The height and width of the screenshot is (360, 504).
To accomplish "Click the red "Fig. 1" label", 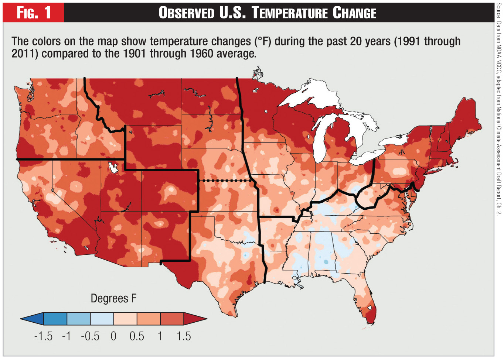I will tap(34, 13).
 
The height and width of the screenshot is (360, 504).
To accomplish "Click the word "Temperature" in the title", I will tap(290, 13).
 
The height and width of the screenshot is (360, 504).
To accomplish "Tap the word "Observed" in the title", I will tap(186, 13).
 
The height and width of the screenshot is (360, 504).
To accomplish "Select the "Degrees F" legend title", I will tap(113, 298).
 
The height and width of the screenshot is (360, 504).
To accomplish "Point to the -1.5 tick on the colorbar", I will tap(43, 336).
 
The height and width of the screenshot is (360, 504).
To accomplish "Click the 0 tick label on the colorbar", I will tap(113, 336).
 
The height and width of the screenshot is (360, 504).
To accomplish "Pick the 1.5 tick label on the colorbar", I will tap(183, 336).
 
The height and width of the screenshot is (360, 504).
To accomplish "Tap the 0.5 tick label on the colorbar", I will tap(137, 336).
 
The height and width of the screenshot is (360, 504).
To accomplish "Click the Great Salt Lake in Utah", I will tap(113, 168).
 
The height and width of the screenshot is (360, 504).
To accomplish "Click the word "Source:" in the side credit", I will tap(499, 11).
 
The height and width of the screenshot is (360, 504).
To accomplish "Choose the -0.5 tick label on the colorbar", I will tap(90, 336).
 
